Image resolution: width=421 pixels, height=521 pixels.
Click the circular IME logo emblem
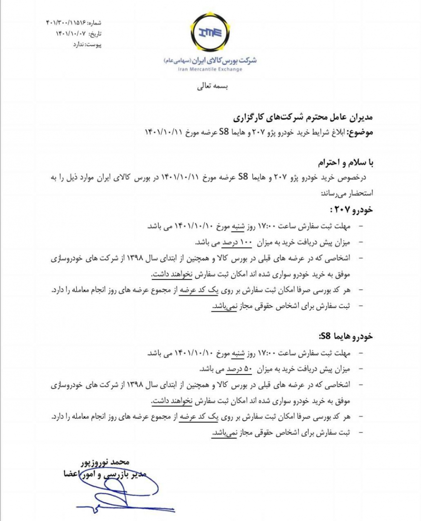click(x=210, y=32)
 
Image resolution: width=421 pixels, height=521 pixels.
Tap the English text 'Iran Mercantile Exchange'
click(x=210, y=70)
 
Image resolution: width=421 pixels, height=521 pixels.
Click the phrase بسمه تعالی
click(x=211, y=87)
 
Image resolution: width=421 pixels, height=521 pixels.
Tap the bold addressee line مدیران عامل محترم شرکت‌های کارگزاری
click(x=303, y=118)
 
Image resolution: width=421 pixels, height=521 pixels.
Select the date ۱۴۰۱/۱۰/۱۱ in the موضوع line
click(x=164, y=132)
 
